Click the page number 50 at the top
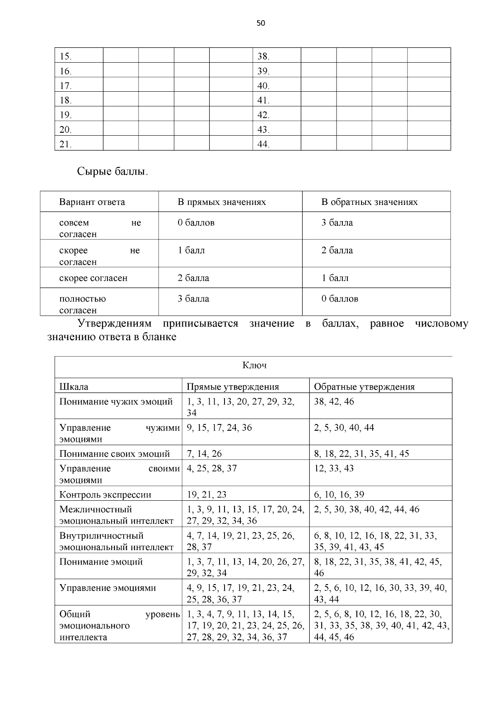click(x=261, y=23)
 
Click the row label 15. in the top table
click(x=66, y=56)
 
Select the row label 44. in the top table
click(x=263, y=144)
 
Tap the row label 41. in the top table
click(x=263, y=100)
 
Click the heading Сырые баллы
click(x=112, y=171)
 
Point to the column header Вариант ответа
click(x=92, y=202)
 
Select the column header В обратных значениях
click(x=369, y=202)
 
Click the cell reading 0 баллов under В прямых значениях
click(x=196, y=223)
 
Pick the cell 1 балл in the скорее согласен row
click(x=335, y=278)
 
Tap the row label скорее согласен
click(x=93, y=278)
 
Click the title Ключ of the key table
click(x=254, y=365)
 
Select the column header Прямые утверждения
click(x=232, y=387)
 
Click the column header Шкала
click(x=74, y=387)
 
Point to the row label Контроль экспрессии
click(x=105, y=495)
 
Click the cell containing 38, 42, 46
click(x=334, y=402)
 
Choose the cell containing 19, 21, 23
click(x=207, y=495)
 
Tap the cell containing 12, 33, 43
click(x=334, y=468)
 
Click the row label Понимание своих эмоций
click(x=115, y=453)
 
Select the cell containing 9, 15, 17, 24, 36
click(x=219, y=428)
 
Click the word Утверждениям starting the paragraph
click(x=115, y=324)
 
